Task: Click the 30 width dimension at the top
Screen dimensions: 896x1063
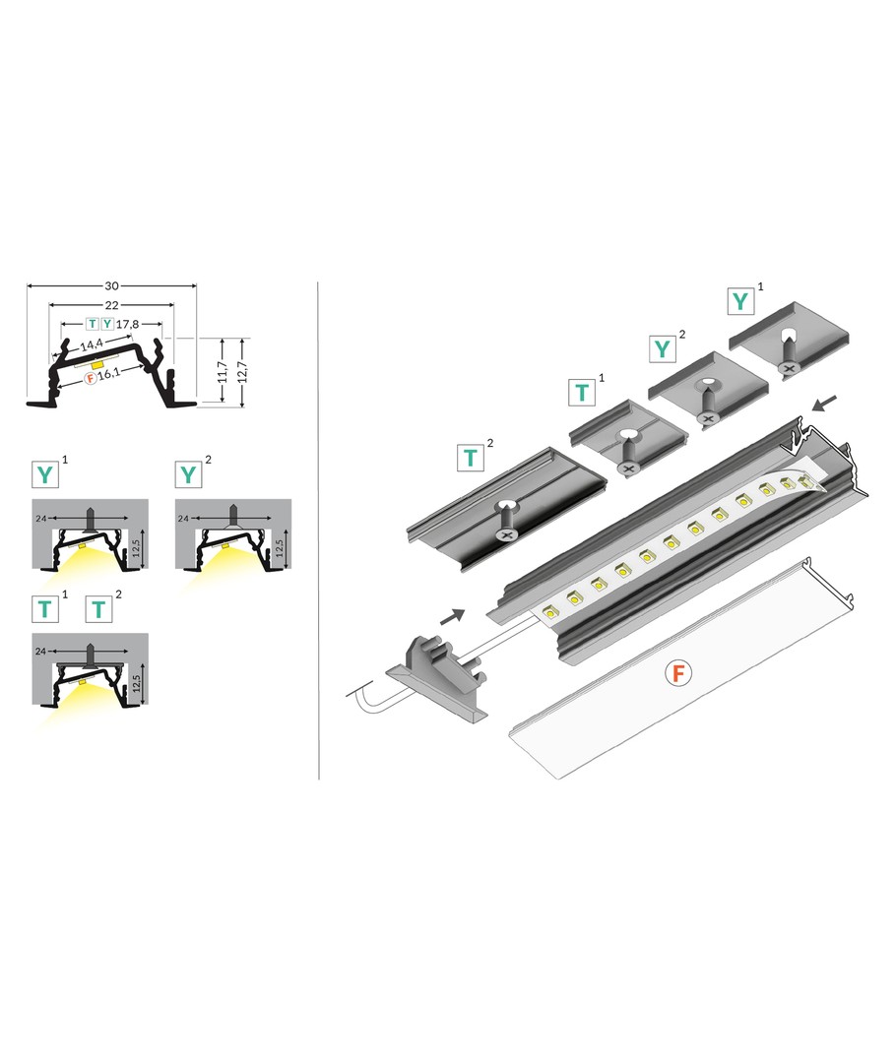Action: [x=111, y=286]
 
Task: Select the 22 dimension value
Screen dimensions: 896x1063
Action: [x=111, y=305]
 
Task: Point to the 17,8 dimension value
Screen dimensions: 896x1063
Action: [x=127, y=324]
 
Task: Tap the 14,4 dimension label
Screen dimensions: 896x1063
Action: [x=92, y=345]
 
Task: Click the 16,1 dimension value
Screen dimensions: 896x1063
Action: [x=109, y=374]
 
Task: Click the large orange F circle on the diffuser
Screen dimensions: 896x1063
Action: [x=677, y=674]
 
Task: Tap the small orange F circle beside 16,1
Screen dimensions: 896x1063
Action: [x=91, y=378]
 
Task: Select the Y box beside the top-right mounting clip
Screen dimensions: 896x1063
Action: [x=740, y=301]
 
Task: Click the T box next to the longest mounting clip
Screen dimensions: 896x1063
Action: [x=471, y=459]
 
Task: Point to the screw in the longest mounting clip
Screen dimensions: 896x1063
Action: [x=506, y=523]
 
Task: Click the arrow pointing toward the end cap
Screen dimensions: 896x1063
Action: [x=452, y=616]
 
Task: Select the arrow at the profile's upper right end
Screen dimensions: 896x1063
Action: [x=825, y=404]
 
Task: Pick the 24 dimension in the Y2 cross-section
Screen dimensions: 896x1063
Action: [x=182, y=519]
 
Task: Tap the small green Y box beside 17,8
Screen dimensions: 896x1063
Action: [x=107, y=324]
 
